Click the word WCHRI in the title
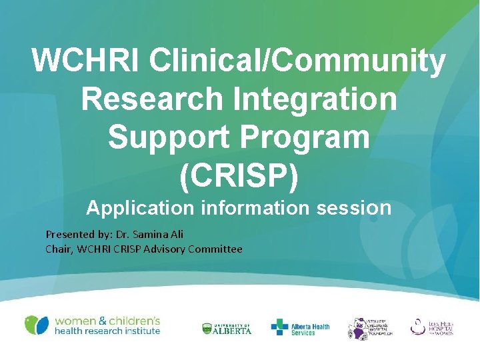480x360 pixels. click(86, 61)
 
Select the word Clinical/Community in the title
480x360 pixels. click(297, 61)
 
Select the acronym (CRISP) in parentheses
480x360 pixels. click(239, 175)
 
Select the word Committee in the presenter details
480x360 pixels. click(215, 249)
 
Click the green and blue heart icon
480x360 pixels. click(37, 325)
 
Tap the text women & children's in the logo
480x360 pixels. click(107, 320)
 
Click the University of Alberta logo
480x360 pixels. click(227, 328)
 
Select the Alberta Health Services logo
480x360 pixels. click(300, 327)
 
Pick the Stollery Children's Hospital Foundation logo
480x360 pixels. click(370, 327)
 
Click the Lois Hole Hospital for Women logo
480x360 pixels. click(431, 327)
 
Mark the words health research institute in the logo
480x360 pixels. click(107, 331)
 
